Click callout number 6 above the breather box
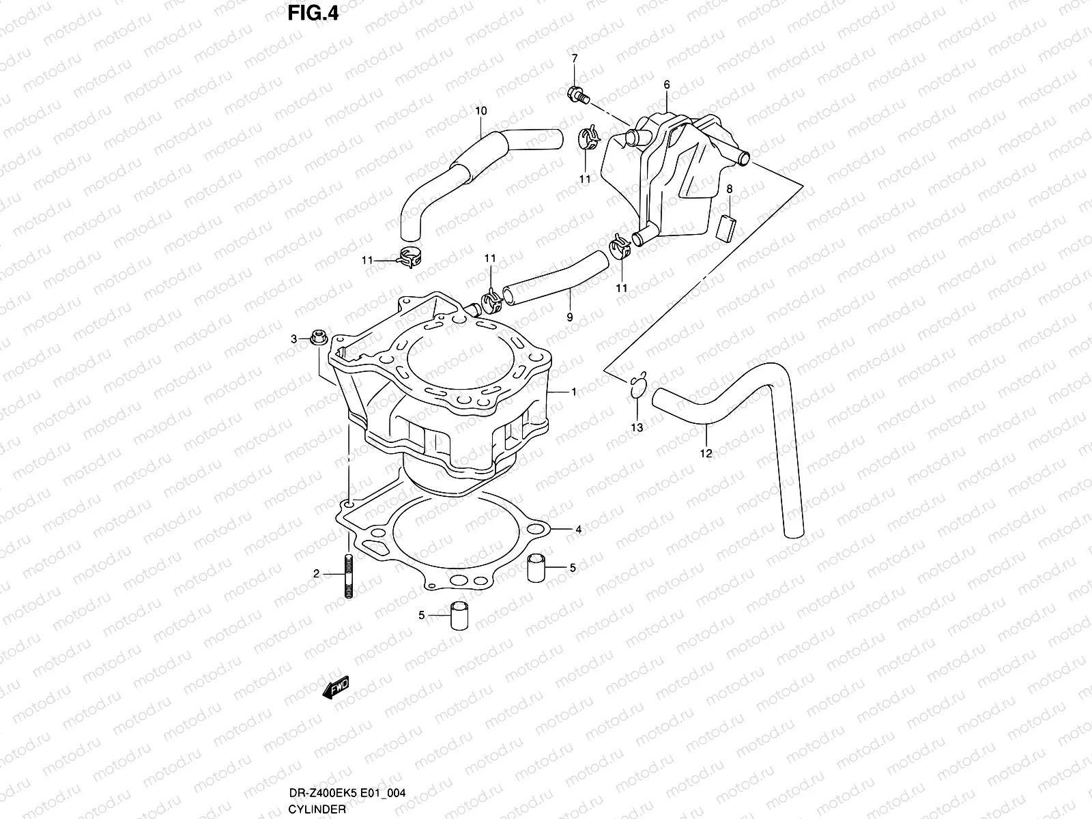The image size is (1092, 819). tap(667, 85)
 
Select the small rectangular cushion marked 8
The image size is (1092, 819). tap(727, 227)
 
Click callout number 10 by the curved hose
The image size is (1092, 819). tap(481, 111)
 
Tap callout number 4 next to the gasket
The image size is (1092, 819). tap(578, 530)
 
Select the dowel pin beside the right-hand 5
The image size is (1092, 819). tap(537, 568)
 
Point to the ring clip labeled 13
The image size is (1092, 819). tap(638, 386)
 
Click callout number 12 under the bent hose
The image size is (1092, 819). tap(706, 453)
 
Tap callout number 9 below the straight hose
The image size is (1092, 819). tap(570, 317)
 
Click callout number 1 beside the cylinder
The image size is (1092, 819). tap(574, 392)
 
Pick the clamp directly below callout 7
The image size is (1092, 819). tap(590, 139)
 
